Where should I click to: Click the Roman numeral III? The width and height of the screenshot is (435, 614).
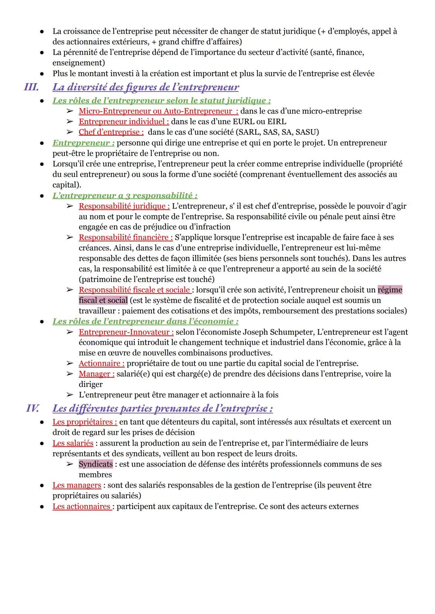(x=31, y=87)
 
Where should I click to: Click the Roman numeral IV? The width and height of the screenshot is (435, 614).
(x=33, y=408)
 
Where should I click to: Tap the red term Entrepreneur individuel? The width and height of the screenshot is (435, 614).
(x=124, y=122)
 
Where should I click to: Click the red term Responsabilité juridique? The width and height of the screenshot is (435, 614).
(x=124, y=206)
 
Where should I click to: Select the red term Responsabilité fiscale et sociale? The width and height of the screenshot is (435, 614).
(x=135, y=290)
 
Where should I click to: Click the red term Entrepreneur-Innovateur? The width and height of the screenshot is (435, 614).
(x=126, y=332)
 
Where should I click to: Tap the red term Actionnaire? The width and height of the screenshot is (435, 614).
(x=101, y=364)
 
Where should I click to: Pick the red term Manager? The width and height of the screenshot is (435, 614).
(x=96, y=374)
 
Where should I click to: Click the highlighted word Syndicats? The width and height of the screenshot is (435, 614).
(x=96, y=464)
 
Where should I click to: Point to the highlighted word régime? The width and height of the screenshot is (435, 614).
(x=390, y=290)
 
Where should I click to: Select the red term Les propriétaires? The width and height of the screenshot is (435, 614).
(x=85, y=422)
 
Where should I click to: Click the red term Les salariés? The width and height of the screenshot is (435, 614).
(x=73, y=443)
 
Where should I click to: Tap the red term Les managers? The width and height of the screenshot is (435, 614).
(x=77, y=485)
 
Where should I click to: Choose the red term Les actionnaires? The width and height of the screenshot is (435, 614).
(x=82, y=506)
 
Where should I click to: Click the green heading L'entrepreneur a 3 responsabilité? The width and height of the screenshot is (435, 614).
(x=125, y=196)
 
